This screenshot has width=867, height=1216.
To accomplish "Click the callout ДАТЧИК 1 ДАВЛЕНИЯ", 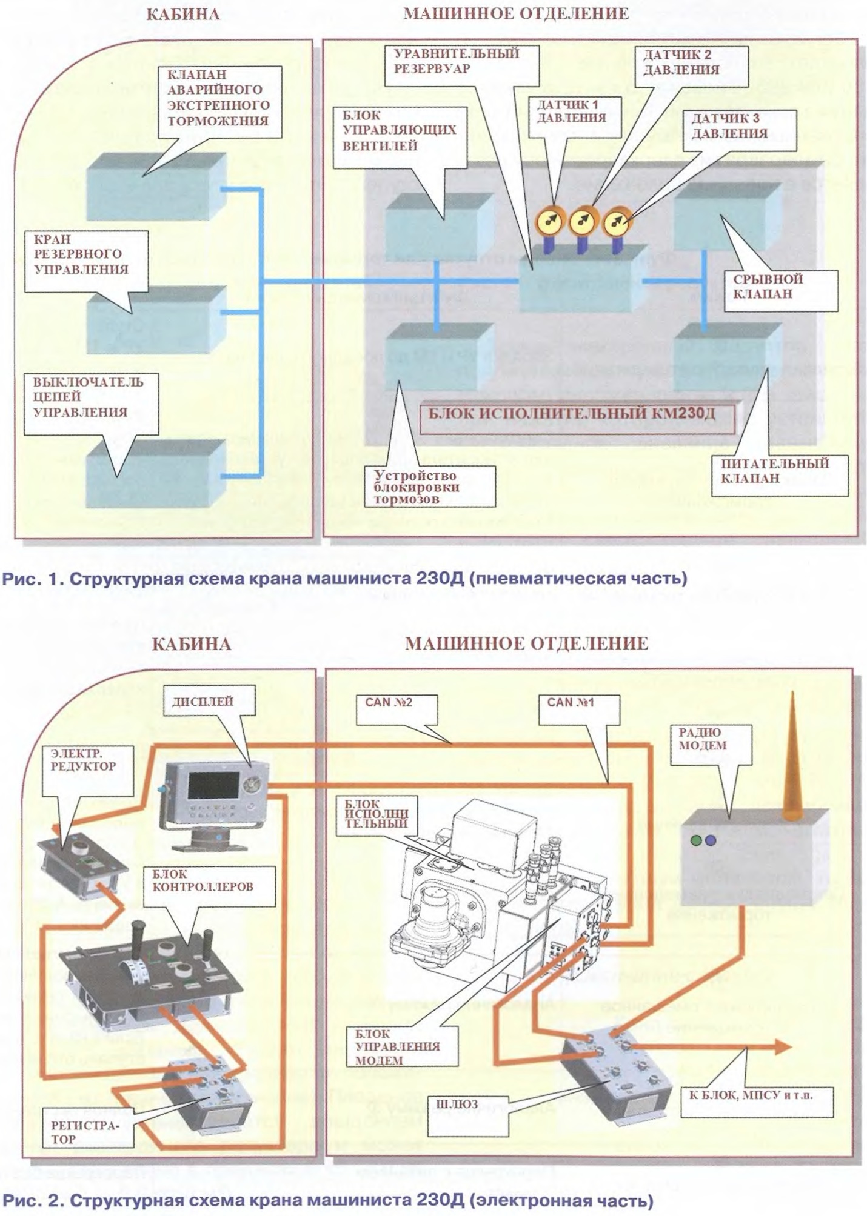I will (x=571, y=112).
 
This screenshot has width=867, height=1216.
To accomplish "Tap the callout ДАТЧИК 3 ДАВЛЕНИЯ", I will (x=729, y=127).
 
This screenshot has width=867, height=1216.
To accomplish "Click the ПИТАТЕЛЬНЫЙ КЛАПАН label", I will (x=774, y=471).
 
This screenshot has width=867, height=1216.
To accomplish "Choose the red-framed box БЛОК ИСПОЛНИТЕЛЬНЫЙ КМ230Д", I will (x=577, y=414).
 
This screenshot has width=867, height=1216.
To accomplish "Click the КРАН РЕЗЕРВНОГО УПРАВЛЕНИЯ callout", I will (x=81, y=254).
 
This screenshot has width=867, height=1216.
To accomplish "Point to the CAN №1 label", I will (x=571, y=703).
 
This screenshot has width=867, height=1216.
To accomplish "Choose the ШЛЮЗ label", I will (x=457, y=1105).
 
